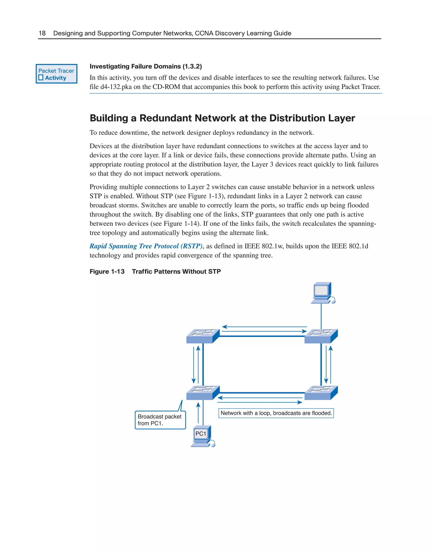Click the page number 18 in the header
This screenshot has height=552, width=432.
[x=42, y=33]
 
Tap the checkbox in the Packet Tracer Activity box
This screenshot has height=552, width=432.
[x=41, y=78]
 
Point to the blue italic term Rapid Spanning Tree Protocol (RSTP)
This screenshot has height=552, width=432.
[x=146, y=246]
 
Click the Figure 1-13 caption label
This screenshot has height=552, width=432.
[x=107, y=271]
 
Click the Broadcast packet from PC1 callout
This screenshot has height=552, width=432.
[x=160, y=420]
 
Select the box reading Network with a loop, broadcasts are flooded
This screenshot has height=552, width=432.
[x=276, y=413]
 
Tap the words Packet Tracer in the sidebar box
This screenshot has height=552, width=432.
[x=56, y=71]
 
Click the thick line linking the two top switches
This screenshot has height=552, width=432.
[x=262, y=336]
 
